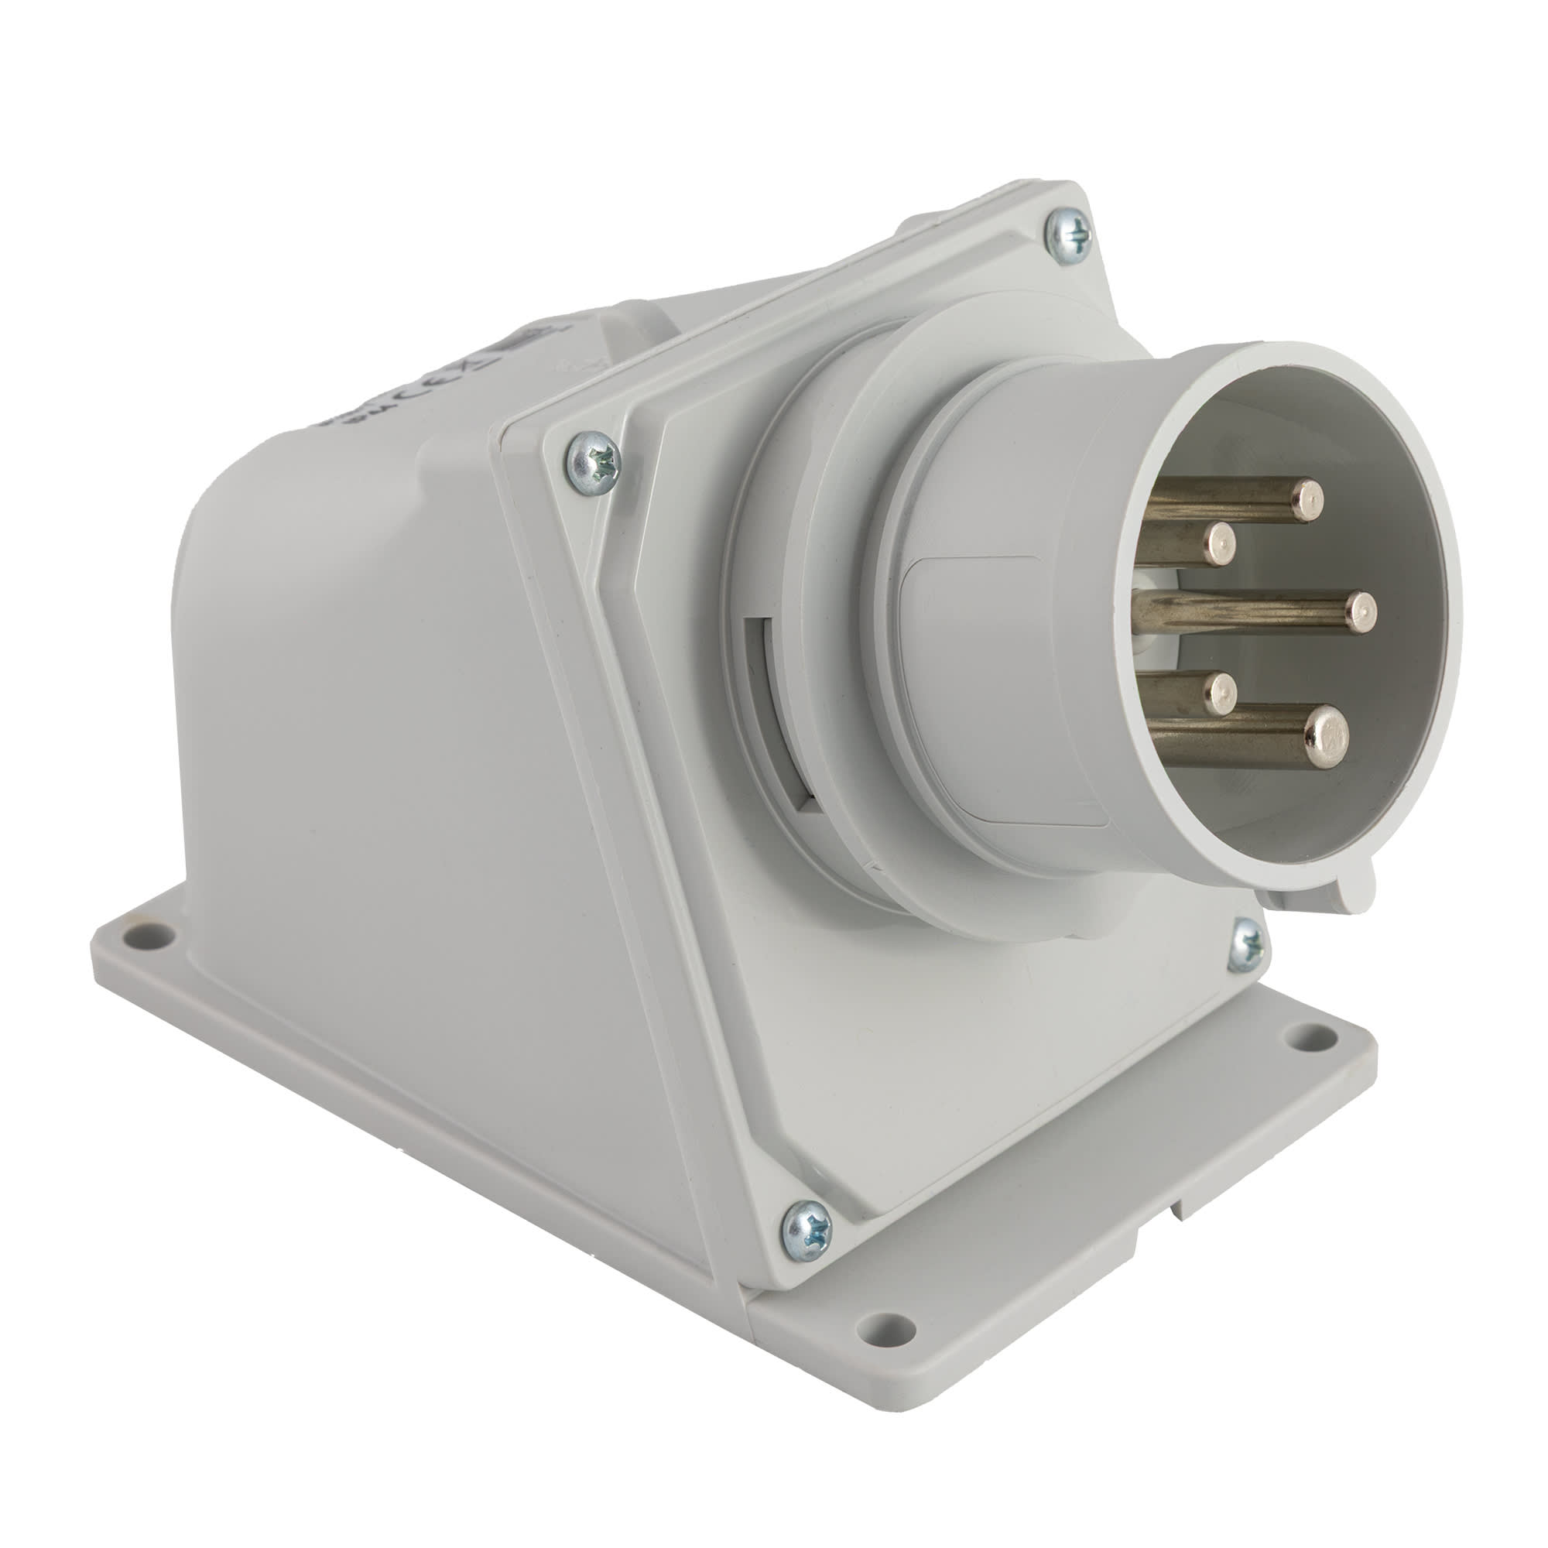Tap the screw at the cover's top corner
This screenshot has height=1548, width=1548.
(1070, 235)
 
